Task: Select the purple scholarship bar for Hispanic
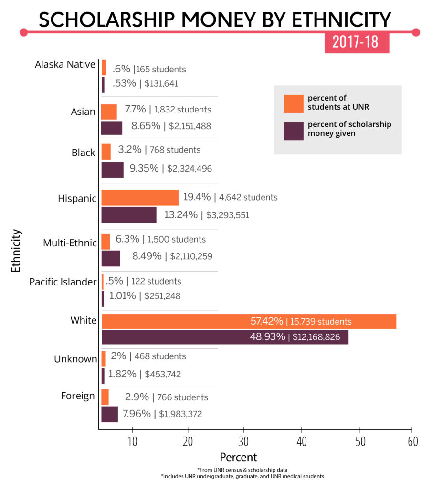129,215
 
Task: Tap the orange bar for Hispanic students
140,197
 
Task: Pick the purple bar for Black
113,170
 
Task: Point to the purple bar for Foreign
110,414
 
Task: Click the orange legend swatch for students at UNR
293,103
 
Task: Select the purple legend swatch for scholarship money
293,131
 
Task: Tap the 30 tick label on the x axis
244,442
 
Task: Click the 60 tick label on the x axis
412,442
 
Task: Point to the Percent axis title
238,457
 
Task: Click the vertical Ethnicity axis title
16,250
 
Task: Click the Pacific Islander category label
63,282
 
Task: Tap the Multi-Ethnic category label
70,243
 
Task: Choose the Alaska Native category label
65,64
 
